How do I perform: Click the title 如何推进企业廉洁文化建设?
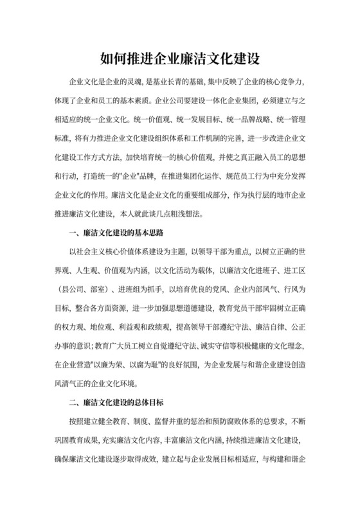click(180, 59)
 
